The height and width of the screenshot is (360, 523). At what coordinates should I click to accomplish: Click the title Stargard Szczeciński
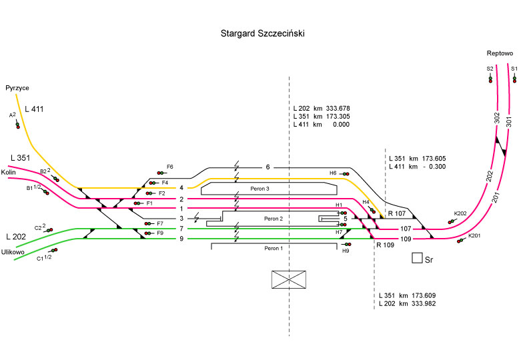pyautogui.click(x=261, y=33)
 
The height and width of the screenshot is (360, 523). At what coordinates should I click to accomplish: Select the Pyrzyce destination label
pyautogui.click(x=17, y=87)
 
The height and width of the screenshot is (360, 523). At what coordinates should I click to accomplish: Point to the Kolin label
pyautogui.click(x=9, y=172)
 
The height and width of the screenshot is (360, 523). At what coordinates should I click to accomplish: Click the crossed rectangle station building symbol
pyautogui.click(x=288, y=279)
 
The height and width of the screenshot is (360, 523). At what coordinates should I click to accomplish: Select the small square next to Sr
pyautogui.click(x=417, y=258)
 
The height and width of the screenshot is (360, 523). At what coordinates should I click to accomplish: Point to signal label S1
pyautogui.click(x=514, y=68)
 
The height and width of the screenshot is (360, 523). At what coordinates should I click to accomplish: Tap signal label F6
pyautogui.click(x=170, y=166)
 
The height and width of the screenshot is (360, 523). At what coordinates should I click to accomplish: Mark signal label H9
pyautogui.click(x=346, y=251)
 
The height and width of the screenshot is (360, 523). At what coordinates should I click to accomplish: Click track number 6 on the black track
pyautogui.click(x=268, y=167)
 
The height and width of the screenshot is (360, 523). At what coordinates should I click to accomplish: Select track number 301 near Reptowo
pyautogui.click(x=508, y=121)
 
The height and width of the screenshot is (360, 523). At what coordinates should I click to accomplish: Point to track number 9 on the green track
pyautogui.click(x=181, y=238)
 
